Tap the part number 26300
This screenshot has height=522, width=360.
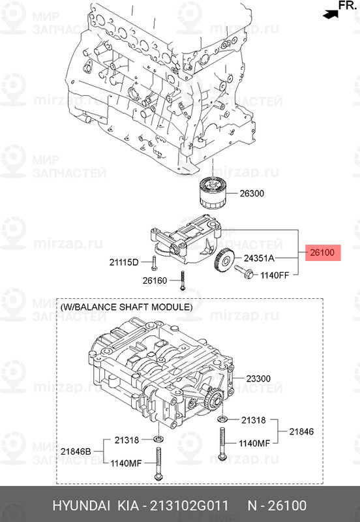(252, 194)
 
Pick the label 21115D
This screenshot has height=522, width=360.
(124, 262)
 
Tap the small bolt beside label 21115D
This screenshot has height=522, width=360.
(154, 262)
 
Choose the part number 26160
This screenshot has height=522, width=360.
(155, 281)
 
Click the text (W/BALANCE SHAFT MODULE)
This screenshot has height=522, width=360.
(127, 307)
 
